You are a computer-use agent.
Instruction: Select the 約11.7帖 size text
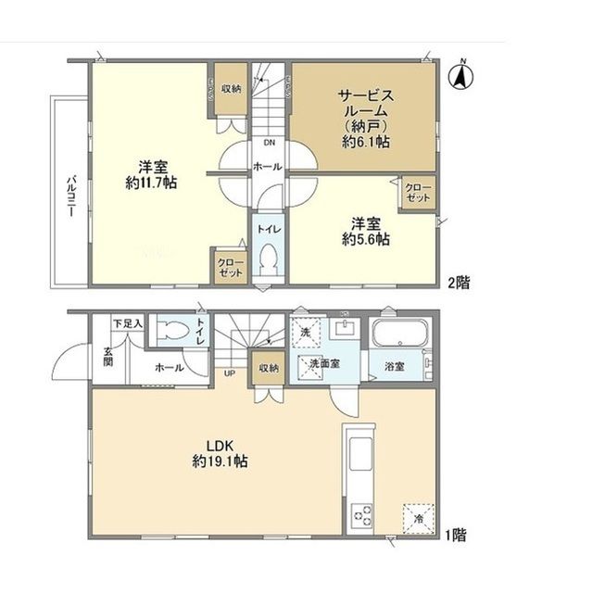[x=152, y=183]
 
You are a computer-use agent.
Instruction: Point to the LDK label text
[x=219, y=444]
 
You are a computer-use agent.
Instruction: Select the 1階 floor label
[x=455, y=534]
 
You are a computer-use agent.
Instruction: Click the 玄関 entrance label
[x=108, y=357]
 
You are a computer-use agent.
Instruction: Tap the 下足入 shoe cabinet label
[x=127, y=323]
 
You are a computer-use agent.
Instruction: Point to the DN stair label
[x=269, y=143]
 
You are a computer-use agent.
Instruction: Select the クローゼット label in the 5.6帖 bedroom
[x=417, y=193]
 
